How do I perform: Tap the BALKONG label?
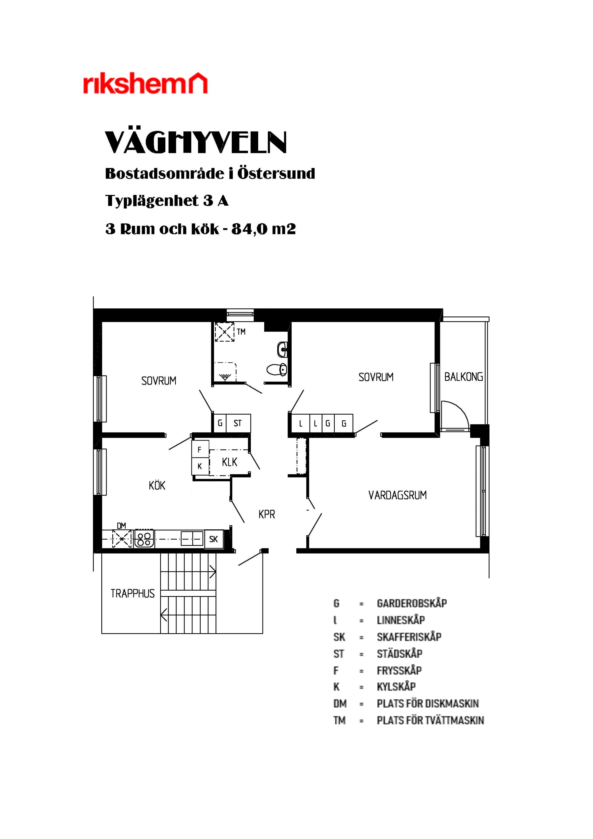(x=463, y=377)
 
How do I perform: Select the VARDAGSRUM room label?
(x=397, y=495)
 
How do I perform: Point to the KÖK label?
(x=157, y=485)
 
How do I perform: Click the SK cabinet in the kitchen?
(x=214, y=539)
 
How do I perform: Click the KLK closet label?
(x=229, y=462)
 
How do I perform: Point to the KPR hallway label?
(x=267, y=515)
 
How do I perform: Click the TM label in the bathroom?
(x=241, y=332)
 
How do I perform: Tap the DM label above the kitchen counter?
(x=121, y=526)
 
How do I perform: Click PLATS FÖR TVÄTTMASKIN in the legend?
(x=430, y=720)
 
